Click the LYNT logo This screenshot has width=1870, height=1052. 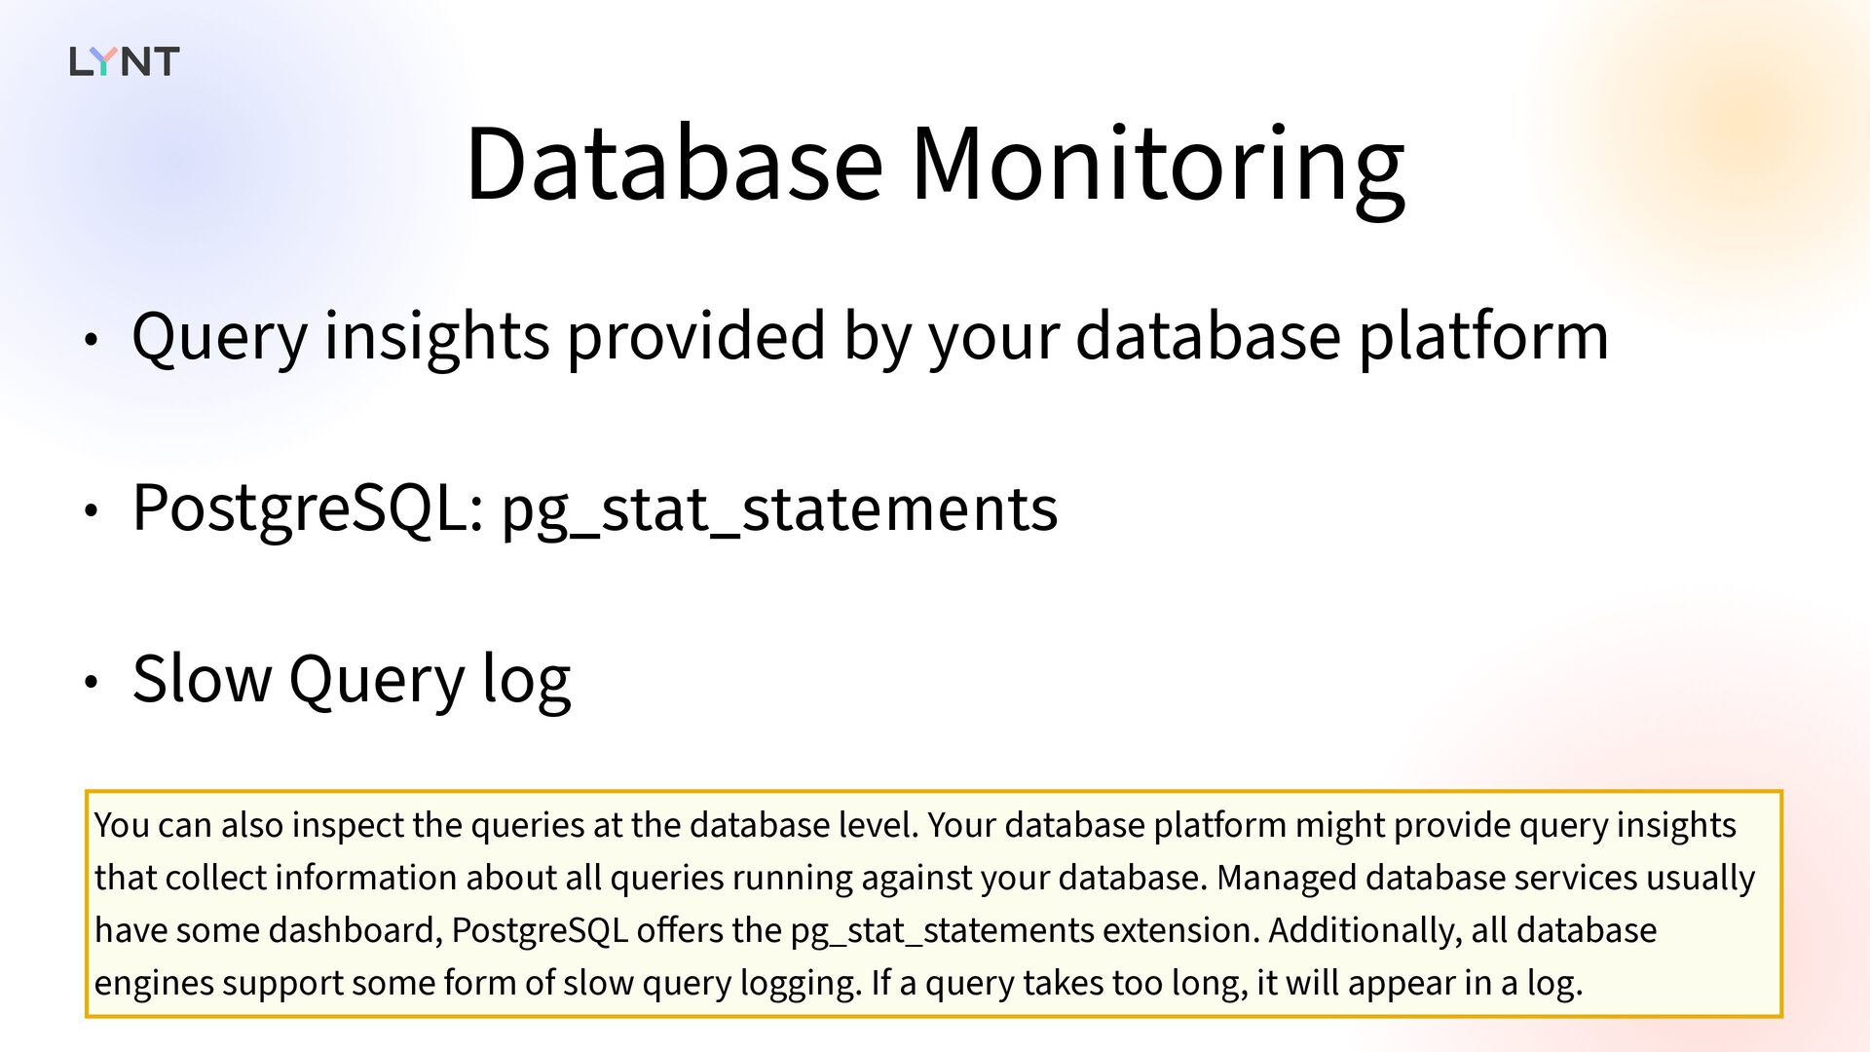[125, 61]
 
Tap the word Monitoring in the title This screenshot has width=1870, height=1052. [1157, 170]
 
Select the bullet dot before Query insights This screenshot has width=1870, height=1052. [91, 340]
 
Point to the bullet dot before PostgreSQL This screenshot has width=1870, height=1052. [91, 511]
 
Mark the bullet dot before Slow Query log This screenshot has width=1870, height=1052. [91, 683]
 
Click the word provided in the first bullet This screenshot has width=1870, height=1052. [696, 337]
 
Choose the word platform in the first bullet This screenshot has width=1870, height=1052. [1483, 337]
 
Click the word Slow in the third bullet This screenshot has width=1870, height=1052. [202, 679]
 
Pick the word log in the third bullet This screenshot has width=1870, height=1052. [527, 682]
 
